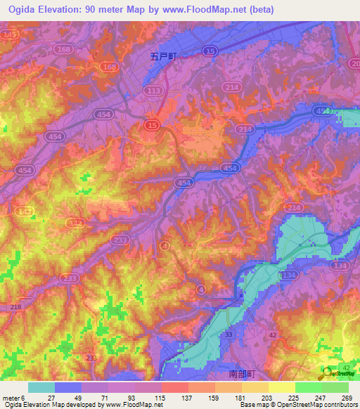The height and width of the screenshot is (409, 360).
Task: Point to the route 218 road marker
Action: pos(15,308)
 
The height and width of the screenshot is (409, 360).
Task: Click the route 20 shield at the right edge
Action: pos(354,63)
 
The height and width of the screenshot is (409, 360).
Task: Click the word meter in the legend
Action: pos(13,397)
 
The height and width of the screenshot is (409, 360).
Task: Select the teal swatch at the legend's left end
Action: pos(41,387)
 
